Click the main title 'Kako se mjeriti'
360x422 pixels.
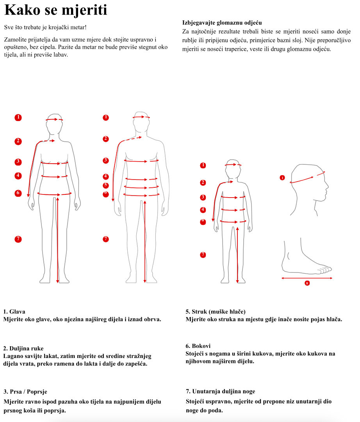point(56,10)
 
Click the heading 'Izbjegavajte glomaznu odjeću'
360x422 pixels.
point(222,23)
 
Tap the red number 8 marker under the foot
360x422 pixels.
point(307,283)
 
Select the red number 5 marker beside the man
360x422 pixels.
point(106,185)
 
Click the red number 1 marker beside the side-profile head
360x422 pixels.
point(282,178)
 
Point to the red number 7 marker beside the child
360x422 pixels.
point(203,255)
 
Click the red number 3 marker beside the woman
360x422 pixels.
point(18,162)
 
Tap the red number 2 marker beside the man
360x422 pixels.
point(106,139)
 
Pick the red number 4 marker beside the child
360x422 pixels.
point(203,210)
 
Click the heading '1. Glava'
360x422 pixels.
point(14,312)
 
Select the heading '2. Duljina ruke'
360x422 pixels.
point(23,349)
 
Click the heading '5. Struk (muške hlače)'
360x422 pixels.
point(216,312)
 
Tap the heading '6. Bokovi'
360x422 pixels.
point(198,346)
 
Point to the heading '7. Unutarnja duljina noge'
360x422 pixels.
point(220,391)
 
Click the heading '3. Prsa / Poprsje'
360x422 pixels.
point(25,392)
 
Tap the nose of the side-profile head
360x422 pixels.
point(327,186)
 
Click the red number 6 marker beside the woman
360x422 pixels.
point(18,193)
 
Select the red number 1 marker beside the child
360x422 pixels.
point(203,165)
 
